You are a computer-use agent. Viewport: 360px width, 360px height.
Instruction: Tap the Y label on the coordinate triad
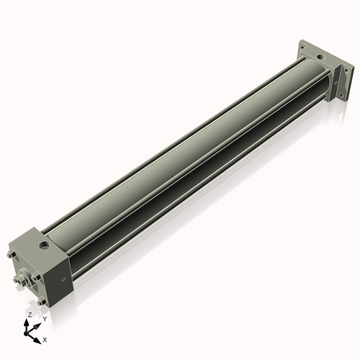[45, 319]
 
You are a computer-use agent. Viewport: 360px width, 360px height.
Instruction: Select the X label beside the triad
[45, 338]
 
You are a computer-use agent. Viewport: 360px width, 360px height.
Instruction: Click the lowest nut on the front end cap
[42, 302]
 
